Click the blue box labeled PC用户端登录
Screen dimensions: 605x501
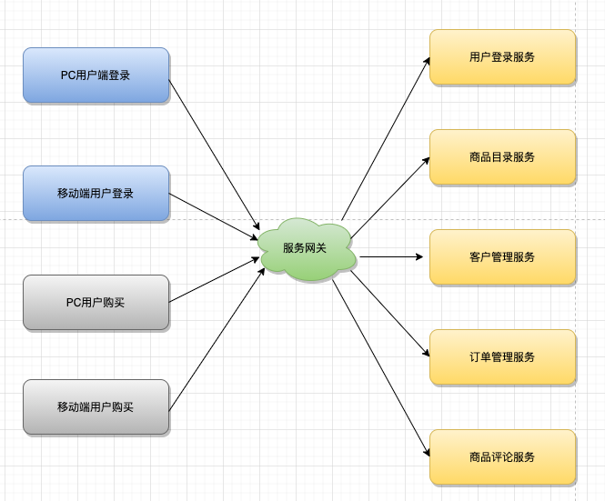(96, 75)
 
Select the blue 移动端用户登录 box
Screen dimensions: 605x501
(96, 194)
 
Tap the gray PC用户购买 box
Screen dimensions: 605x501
(96, 303)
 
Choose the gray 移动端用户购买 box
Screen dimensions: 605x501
(96, 407)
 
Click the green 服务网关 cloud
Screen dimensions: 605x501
(307, 249)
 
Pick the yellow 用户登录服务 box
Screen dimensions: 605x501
(502, 56)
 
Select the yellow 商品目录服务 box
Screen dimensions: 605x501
(502, 157)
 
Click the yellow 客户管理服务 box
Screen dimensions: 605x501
(502, 256)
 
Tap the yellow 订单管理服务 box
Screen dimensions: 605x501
(502, 356)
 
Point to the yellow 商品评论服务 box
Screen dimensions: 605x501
(502, 457)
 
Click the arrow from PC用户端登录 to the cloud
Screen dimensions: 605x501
(214, 155)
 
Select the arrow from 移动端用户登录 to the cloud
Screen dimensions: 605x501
(214, 216)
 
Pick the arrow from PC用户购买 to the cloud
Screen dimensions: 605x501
(214, 280)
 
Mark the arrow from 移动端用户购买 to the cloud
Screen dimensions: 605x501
(217, 339)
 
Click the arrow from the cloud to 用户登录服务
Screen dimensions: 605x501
(386, 138)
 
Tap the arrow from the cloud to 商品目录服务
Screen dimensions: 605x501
(390, 198)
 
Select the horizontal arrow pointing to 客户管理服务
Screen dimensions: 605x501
(391, 256)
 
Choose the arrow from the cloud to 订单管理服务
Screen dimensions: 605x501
(390, 314)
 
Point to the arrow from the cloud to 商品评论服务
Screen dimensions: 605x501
(381, 368)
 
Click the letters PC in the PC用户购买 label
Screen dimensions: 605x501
(73, 303)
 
